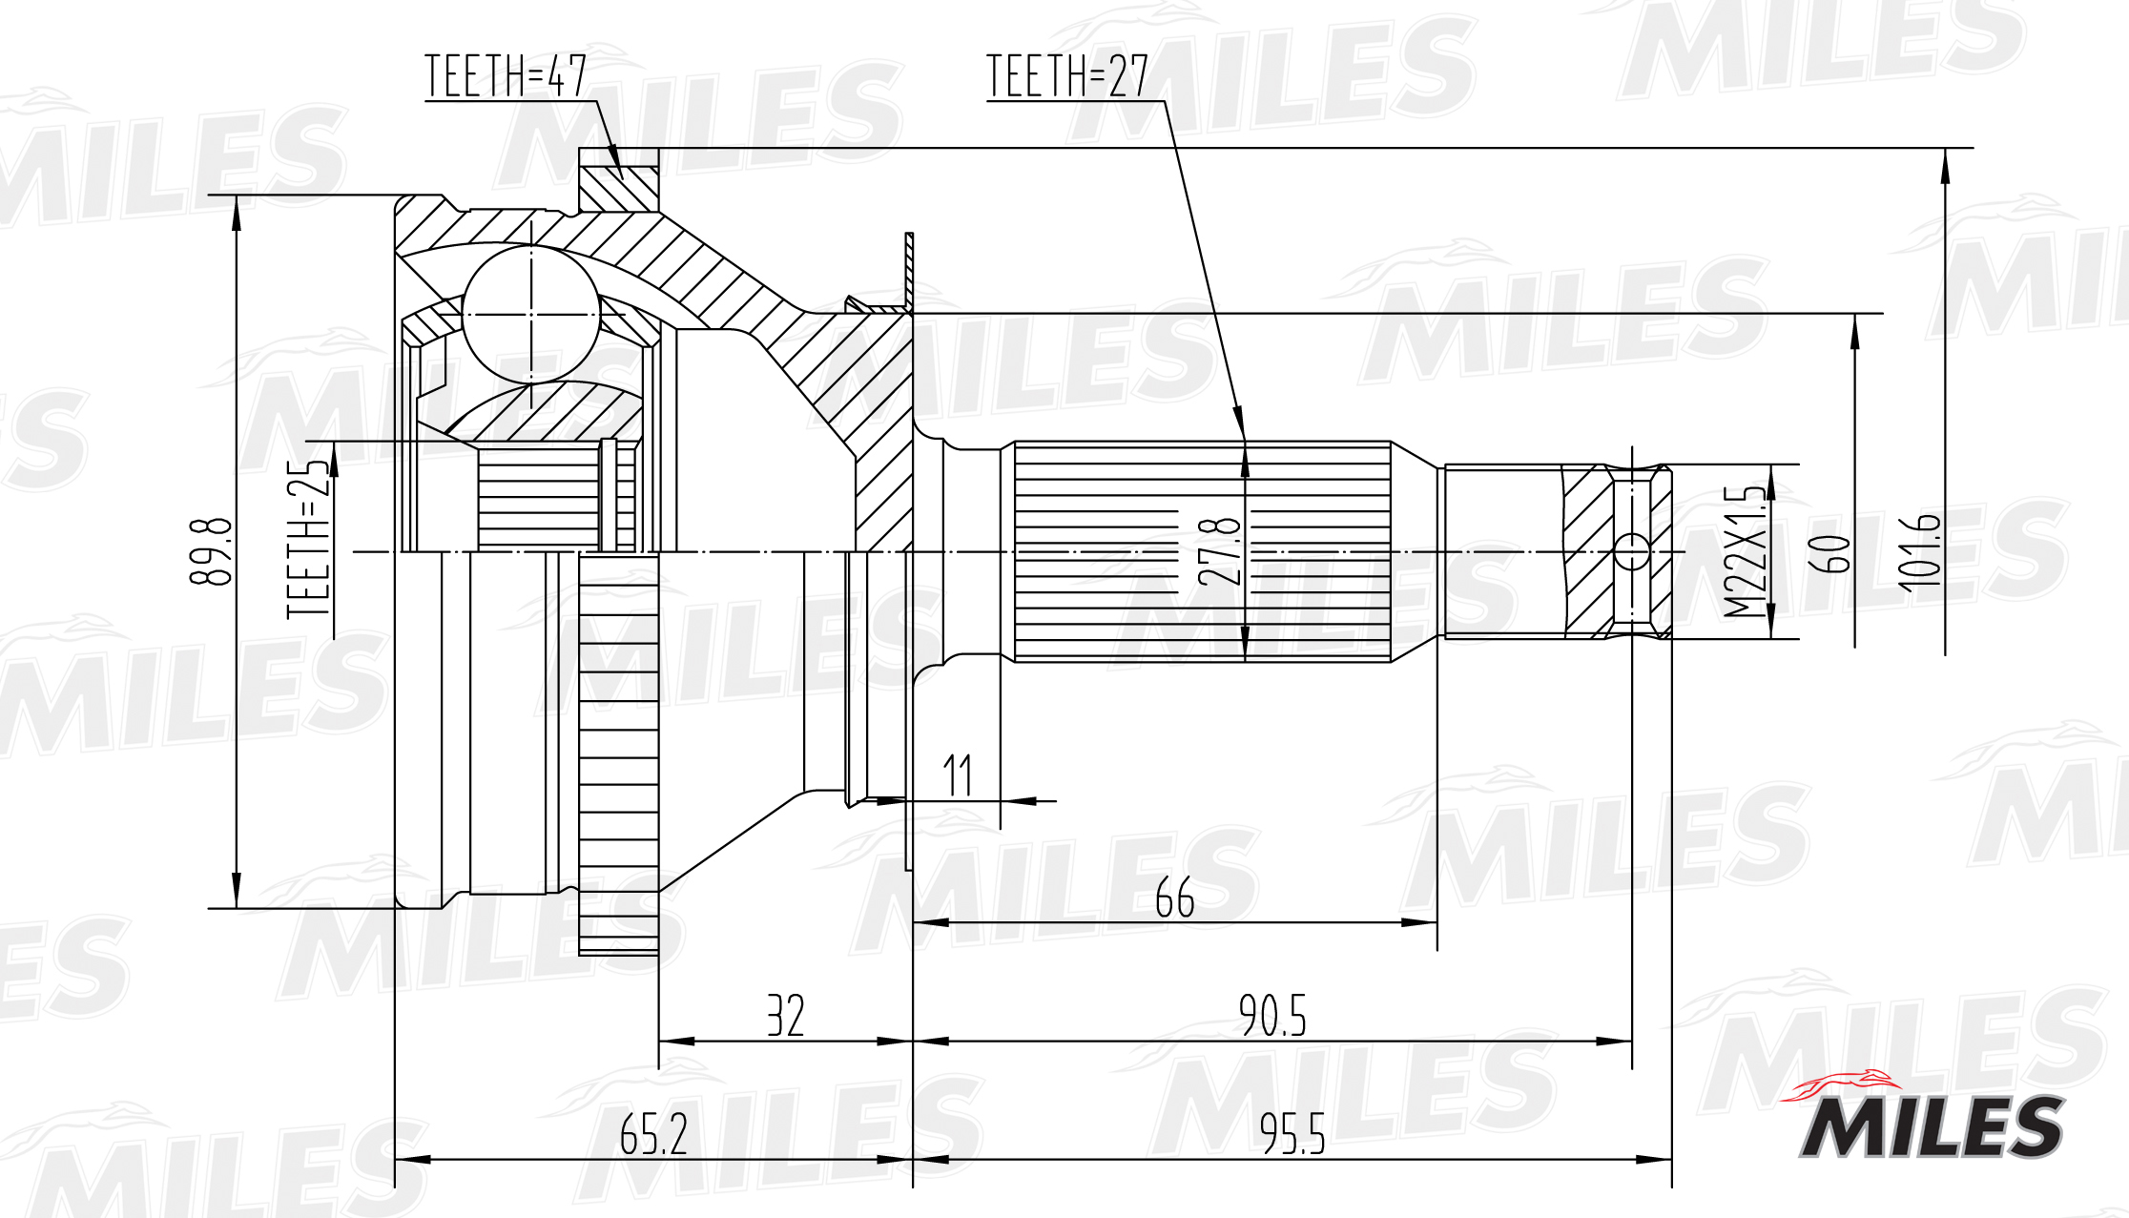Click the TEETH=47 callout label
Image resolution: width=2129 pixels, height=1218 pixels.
[506, 76]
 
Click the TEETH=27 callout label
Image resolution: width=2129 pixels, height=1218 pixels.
[1067, 76]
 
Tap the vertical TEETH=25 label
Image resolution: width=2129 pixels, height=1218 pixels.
[308, 539]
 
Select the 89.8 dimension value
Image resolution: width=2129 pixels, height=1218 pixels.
[211, 551]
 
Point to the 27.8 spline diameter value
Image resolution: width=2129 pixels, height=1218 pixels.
[1220, 551]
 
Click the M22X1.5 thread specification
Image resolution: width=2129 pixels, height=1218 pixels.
[1745, 551]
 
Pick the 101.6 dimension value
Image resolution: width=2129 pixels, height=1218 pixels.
[1918, 551]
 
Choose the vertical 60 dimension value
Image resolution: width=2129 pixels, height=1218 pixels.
[1829, 553]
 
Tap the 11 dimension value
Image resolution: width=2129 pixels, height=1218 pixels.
[958, 774]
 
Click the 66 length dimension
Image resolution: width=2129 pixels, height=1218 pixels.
[1174, 898]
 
